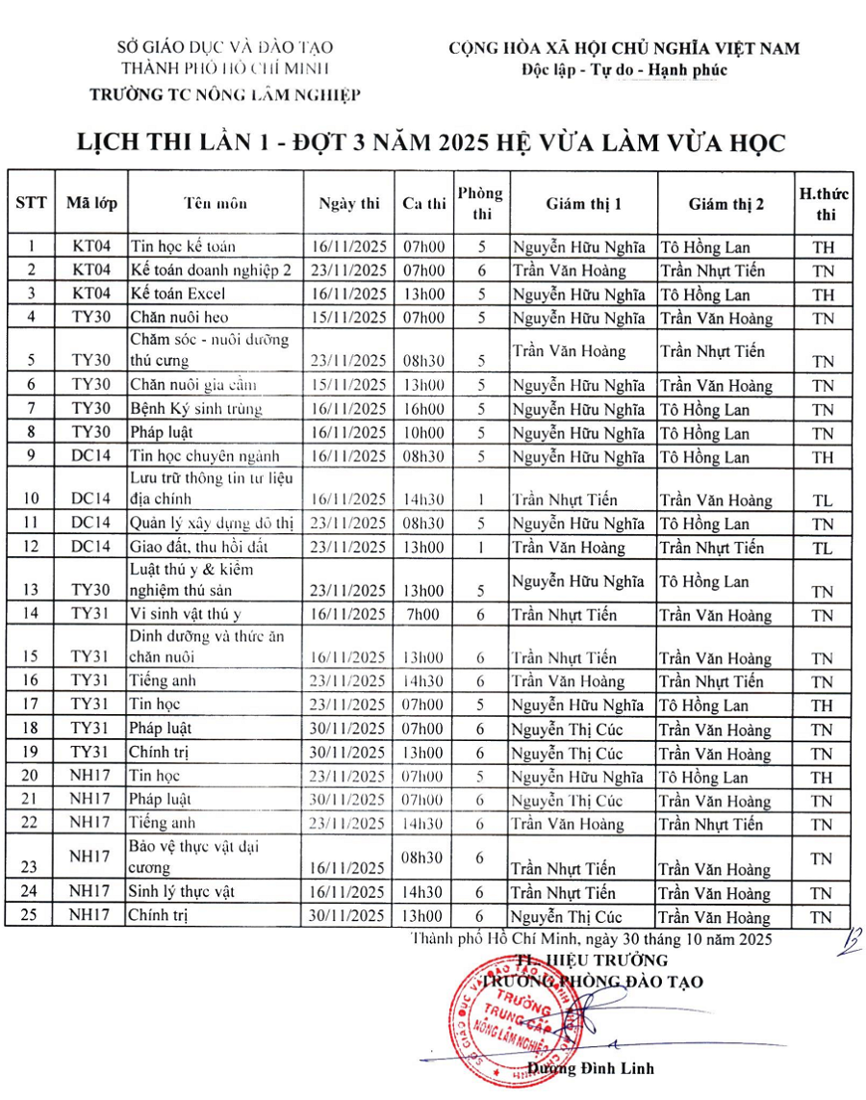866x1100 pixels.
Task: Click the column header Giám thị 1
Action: tap(584, 203)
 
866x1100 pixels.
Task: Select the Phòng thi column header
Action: tap(480, 203)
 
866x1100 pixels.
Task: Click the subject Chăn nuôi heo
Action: tap(179, 318)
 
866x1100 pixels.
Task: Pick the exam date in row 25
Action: tap(348, 916)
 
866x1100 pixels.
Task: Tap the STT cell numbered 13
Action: tap(33, 591)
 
